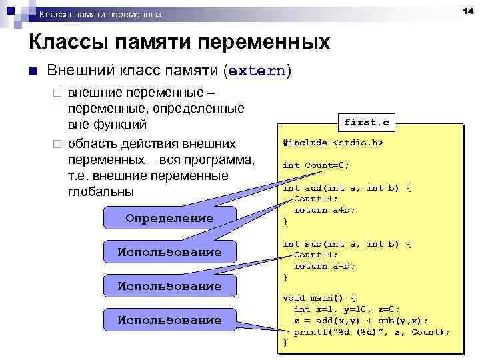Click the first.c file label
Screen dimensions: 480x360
[366, 123]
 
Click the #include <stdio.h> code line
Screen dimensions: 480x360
[333, 143]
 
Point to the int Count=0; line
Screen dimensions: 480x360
[316, 165]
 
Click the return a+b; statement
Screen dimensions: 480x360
[325, 210]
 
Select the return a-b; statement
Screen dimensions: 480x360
[325, 266]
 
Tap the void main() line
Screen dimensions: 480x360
[319, 298]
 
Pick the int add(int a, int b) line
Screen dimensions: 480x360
[347, 188]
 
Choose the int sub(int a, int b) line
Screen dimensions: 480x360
[347, 244]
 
